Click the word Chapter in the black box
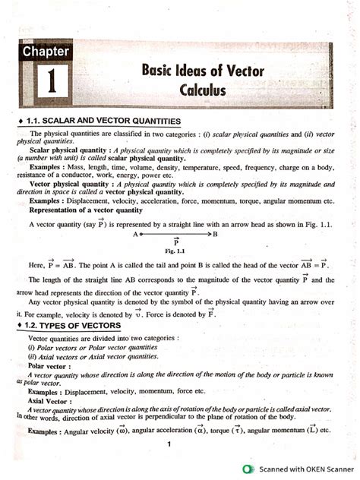tap(46, 52)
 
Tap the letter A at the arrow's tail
tap(135, 234)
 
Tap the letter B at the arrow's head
tap(216, 234)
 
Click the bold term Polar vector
tap(49, 365)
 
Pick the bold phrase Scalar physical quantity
tap(64, 150)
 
